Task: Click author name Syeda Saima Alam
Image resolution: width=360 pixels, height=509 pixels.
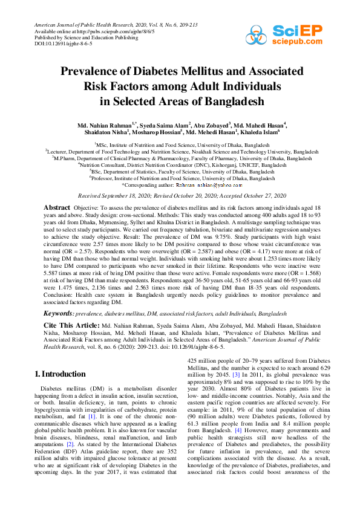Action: pos(165,125)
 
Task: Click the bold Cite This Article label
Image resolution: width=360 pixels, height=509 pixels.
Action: pos(71,325)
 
